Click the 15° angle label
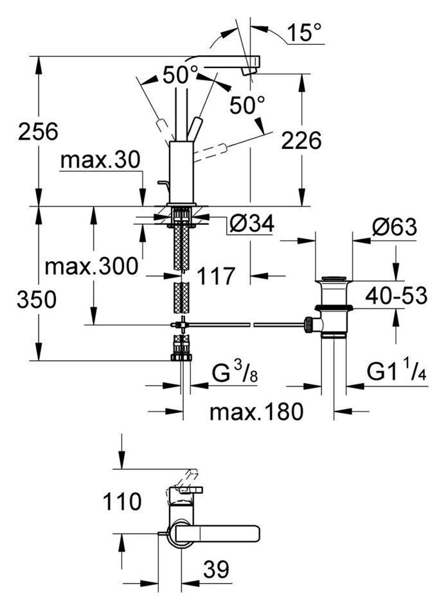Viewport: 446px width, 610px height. (305, 32)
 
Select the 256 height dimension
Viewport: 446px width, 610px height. (38, 131)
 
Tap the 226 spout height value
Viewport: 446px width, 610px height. (301, 140)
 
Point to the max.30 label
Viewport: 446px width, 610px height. (100, 160)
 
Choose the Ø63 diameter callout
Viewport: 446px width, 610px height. (394, 227)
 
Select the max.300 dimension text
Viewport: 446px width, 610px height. (91, 266)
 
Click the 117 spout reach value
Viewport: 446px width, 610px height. (215, 276)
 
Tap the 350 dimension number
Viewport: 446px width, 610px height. (37, 300)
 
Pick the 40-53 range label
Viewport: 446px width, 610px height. (396, 295)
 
